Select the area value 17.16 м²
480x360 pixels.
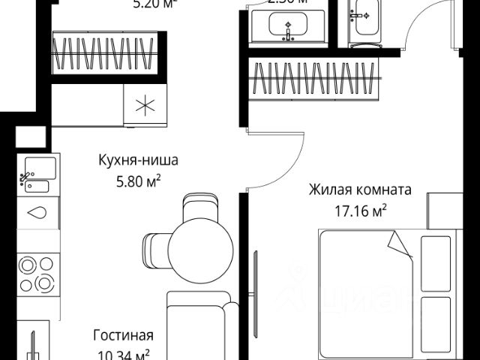pyautogui.click(x=360, y=210)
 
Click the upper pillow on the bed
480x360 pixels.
pyautogui.click(x=436, y=262)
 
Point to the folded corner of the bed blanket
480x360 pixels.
pyautogui.click(x=400, y=243)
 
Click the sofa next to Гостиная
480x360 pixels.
pyautogui.click(x=196, y=322)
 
